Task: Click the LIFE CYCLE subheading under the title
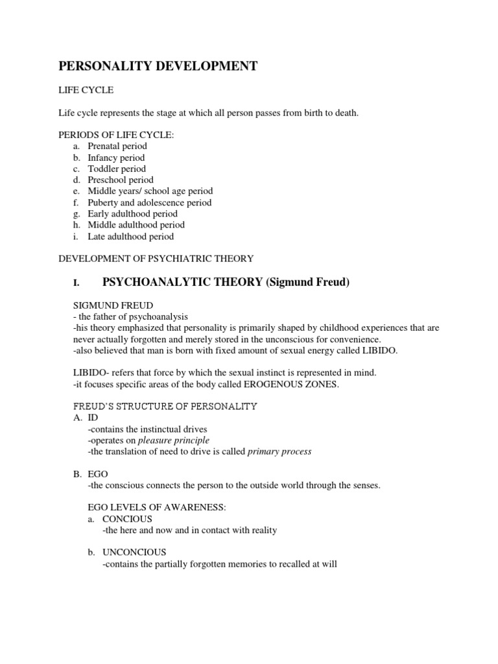click(x=86, y=90)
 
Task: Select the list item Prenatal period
click(x=117, y=146)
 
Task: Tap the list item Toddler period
click(x=117, y=169)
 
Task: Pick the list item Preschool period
click(x=121, y=180)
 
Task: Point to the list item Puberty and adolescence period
click(x=149, y=202)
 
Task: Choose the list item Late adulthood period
click(x=130, y=236)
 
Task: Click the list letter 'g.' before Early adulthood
click(x=76, y=213)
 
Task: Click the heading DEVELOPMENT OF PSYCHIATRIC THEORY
click(x=156, y=259)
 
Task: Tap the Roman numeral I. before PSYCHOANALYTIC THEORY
click(x=76, y=283)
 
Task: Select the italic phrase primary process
click(x=279, y=451)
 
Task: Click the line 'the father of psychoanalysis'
click(x=132, y=316)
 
